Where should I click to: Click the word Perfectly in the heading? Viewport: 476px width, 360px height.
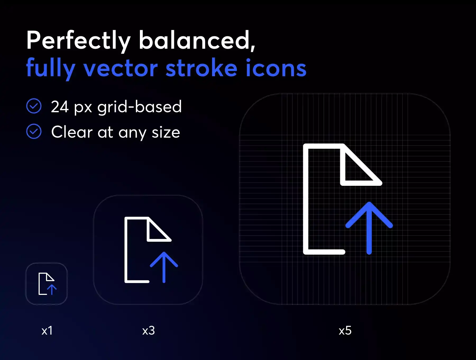tap(79, 40)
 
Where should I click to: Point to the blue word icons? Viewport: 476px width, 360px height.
tap(276, 68)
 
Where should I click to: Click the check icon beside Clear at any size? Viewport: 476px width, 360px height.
tap(34, 132)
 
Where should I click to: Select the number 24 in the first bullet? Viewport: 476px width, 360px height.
tap(60, 107)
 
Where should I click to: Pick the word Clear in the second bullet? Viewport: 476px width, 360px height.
tap(72, 132)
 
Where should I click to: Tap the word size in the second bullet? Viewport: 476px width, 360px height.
tap(166, 132)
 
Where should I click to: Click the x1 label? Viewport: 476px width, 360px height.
tap(47, 331)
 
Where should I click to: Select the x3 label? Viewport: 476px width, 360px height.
tap(148, 331)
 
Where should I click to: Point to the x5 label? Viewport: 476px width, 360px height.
tap(345, 331)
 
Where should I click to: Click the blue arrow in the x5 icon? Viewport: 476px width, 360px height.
tap(369, 228)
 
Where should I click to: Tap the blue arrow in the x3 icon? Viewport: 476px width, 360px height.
tap(164, 267)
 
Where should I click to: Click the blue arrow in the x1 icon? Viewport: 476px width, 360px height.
tap(52, 290)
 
